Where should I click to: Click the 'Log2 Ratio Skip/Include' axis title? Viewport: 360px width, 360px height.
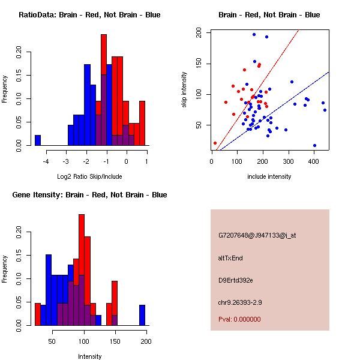tap(89, 177)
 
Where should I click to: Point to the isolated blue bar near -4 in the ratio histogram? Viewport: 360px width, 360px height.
tap(37, 140)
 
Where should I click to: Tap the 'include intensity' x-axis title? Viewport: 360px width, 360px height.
tap(269, 177)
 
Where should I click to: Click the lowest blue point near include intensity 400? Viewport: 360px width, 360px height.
tap(314, 146)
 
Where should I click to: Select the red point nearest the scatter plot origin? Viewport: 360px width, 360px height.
tap(215, 143)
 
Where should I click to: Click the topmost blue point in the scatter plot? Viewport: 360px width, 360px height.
tap(254, 34)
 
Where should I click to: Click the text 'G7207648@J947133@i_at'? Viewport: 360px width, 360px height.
tap(257, 235)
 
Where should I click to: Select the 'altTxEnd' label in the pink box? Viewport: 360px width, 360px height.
tap(230, 258)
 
